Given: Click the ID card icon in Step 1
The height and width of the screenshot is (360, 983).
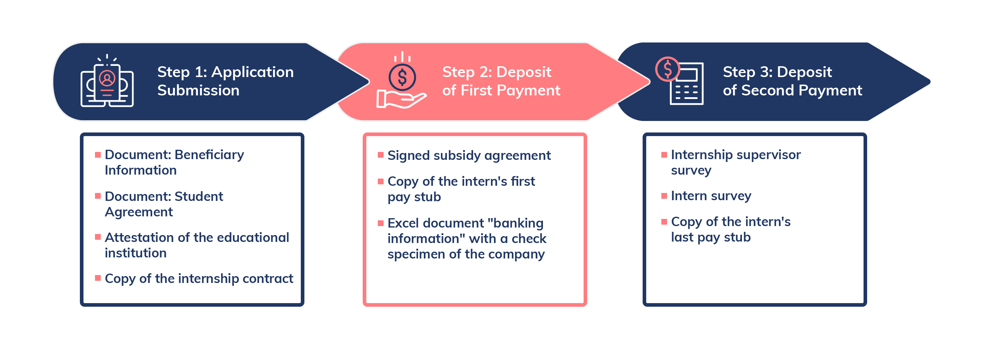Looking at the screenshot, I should tap(107, 82).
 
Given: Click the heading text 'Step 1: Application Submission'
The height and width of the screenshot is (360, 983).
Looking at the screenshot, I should tap(225, 81).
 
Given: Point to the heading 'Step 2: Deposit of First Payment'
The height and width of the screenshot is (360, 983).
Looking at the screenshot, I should tap(500, 81).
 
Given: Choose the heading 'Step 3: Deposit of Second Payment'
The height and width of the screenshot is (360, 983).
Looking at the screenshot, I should tap(792, 81).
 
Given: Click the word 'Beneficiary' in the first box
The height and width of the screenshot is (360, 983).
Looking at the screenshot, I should tap(209, 154).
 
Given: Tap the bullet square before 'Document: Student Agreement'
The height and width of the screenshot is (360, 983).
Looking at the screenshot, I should tap(98, 196).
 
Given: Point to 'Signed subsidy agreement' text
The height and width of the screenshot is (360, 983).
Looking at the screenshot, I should tap(468, 156).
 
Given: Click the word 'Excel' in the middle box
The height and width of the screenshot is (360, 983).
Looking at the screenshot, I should tap(403, 223).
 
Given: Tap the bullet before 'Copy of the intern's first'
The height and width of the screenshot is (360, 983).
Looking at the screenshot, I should tap(380, 181).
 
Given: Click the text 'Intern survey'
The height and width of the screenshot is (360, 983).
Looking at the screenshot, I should tap(711, 196).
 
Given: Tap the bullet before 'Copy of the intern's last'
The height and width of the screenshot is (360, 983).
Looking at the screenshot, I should tap(664, 221).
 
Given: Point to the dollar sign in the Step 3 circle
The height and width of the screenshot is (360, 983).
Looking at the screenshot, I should tap(667, 69).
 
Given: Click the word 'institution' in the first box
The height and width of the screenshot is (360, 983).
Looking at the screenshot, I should tap(135, 253).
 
